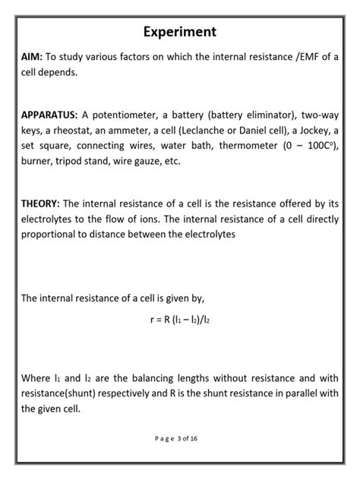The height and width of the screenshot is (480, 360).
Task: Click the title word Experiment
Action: [180, 33]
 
